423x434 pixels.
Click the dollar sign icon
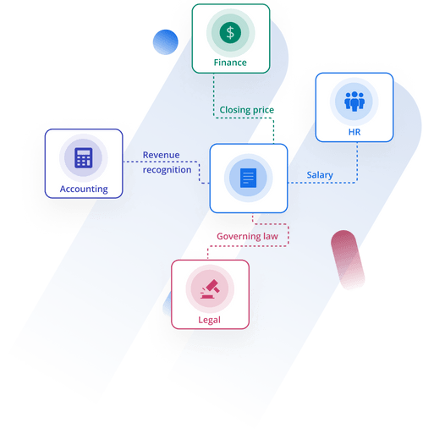pos(230,33)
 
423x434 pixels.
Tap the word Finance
pos(230,63)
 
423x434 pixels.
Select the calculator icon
pos(83,157)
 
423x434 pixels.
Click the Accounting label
pos(84,190)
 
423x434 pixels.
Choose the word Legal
pos(209,320)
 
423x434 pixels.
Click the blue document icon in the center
pos(248,179)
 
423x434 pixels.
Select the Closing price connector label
pos(247,110)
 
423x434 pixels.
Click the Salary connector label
pos(320,175)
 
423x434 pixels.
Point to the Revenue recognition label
pos(166,162)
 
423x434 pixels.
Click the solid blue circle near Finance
pos(166,41)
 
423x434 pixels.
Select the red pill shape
pos(348,259)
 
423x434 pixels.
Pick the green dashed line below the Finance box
pos(215,88)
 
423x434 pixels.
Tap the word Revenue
pos(162,155)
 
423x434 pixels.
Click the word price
pos(265,110)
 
